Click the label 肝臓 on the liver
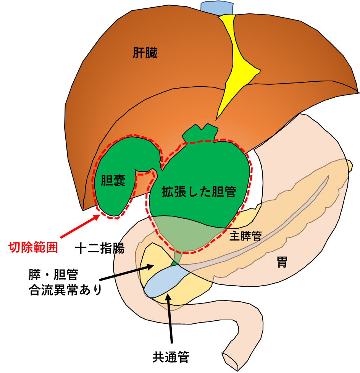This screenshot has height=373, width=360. point(145,53)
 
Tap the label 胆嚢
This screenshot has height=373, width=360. point(113,181)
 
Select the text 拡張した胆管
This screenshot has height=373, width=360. point(199,191)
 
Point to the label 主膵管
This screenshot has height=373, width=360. point(245,236)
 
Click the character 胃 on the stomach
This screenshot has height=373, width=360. point(282,262)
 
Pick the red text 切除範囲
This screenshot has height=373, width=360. point(33,247)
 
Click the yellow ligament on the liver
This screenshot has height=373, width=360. point(236,65)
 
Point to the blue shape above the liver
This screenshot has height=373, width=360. point(217,7)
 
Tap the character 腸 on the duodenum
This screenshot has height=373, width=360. point(119,249)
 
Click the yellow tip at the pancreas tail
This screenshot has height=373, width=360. point(349,165)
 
